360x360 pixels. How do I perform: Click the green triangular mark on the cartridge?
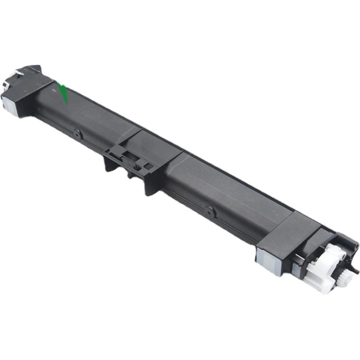[x=64, y=93]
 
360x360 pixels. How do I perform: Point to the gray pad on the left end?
[x=9, y=102]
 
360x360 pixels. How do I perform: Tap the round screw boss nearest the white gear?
[x=210, y=210]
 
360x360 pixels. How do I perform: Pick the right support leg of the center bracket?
[x=150, y=186]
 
